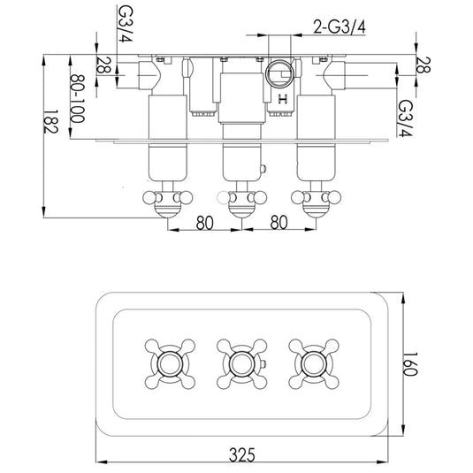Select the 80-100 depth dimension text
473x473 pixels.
tap(80, 98)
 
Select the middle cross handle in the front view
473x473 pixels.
tap(237, 363)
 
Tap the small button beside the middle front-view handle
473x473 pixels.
tap(263, 364)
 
